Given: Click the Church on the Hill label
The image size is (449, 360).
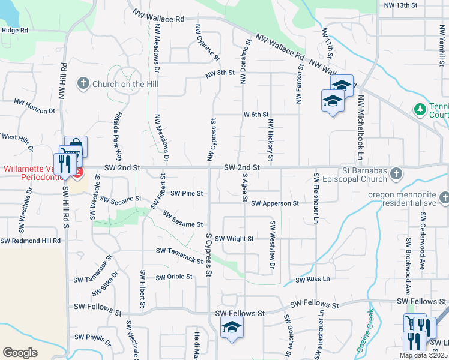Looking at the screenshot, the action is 125,84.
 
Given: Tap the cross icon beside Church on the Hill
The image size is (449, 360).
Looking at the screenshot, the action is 83,84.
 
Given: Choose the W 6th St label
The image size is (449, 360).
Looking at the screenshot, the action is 256,114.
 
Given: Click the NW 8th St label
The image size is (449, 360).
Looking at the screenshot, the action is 218,74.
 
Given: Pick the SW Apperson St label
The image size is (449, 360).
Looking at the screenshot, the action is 275,203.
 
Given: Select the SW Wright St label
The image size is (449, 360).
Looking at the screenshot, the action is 235,238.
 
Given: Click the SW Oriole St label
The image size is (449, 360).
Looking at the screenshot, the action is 174,277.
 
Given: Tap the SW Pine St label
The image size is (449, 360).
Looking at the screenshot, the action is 187,193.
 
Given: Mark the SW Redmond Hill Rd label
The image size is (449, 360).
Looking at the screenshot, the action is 31,241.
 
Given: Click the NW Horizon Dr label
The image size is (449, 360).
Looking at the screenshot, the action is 35,111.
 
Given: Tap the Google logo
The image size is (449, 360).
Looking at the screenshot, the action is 20,353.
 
